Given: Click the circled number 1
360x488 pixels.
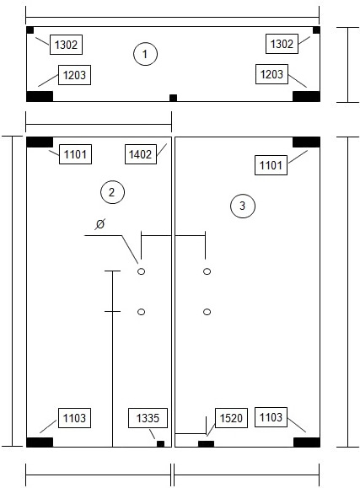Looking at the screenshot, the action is (145, 54).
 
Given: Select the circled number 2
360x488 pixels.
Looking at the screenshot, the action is (112, 192).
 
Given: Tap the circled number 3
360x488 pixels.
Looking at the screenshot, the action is (243, 206).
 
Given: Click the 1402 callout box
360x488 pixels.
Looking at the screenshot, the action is (141, 154).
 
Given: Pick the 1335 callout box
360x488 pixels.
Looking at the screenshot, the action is (148, 418).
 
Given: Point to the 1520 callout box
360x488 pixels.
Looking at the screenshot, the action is (231, 418).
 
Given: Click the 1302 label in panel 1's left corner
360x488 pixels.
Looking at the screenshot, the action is (66, 45).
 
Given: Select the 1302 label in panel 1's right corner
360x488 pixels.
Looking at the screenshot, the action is (282, 44).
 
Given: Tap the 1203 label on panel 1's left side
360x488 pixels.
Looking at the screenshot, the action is (74, 75).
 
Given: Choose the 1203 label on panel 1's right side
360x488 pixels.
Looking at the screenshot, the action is (271, 74).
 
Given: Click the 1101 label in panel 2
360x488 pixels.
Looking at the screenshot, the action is (75, 154).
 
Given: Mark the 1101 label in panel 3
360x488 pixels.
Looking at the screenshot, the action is (271, 165).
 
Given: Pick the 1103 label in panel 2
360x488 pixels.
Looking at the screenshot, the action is (74, 418).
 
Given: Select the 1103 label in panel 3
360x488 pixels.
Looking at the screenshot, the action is (271, 417).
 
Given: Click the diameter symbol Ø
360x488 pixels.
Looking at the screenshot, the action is (100, 223).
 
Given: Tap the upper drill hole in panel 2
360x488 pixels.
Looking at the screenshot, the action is (141, 271).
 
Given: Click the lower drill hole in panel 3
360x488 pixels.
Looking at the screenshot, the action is (207, 312).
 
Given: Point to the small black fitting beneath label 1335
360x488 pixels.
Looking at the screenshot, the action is (160, 444).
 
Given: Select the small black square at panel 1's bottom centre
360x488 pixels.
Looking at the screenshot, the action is (173, 98).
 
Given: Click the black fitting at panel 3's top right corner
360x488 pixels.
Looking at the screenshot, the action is (306, 142).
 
